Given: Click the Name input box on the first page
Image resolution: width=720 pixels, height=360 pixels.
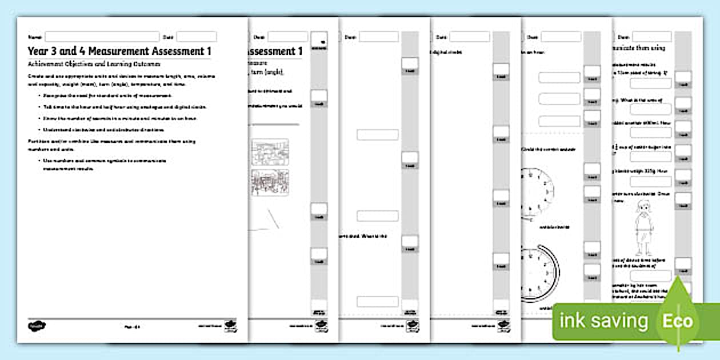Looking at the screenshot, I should pos(102,37).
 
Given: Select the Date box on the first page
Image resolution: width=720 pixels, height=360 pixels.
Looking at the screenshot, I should pos(196,37).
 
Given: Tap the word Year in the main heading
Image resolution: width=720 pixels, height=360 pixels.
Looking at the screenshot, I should pos(38,51).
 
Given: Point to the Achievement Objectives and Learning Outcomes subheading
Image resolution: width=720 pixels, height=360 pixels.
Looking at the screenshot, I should pos(94,65).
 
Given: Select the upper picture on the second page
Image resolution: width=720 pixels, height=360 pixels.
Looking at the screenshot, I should pos(270,152).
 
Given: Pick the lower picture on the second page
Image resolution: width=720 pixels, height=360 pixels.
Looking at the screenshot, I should pos(270,182).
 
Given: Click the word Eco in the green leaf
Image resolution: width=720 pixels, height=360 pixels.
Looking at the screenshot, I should pos(677,320).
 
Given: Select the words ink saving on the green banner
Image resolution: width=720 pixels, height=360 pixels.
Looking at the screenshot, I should pos(604,321).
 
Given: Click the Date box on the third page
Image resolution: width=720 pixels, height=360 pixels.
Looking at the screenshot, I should pos(378,37).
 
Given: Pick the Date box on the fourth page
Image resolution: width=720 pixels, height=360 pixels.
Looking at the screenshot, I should pos(469,37).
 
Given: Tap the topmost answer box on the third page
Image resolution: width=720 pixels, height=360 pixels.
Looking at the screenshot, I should pos(377,135).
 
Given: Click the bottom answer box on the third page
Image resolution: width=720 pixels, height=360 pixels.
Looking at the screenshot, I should pos(377,301).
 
